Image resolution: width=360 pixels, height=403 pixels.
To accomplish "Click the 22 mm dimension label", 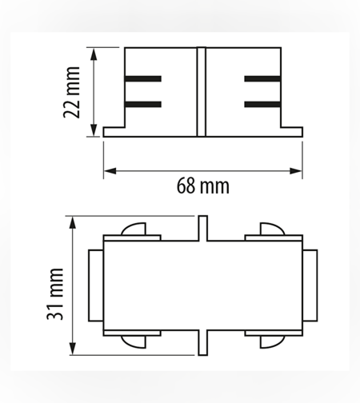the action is [x=71, y=92].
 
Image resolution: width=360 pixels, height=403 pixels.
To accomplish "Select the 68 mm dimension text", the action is [x=203, y=186].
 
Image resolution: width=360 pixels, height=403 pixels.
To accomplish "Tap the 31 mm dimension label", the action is [x=55, y=294].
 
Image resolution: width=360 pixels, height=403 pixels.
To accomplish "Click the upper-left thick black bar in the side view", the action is [x=143, y=79].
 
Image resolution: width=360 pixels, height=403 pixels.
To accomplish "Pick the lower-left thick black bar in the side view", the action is [x=143, y=104].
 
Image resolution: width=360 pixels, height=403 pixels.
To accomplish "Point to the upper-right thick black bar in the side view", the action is [x=262, y=79].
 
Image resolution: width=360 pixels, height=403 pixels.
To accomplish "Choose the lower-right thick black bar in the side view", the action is [x=262, y=104].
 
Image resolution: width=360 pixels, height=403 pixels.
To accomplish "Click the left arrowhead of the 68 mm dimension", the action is [x=110, y=171].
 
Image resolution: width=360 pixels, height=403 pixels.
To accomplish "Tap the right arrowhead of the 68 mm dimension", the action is [x=296, y=171].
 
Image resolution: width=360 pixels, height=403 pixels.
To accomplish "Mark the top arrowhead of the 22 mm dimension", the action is [x=93, y=54].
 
